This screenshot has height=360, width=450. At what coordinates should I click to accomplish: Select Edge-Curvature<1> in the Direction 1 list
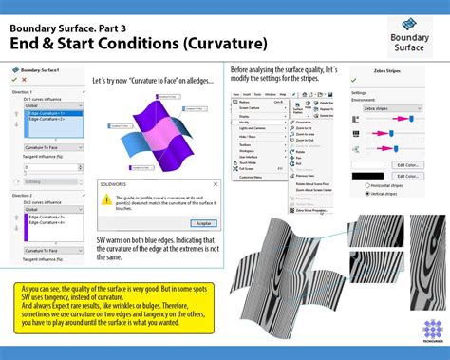click(x=42, y=113)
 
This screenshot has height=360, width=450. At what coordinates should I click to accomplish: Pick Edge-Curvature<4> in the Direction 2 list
click(x=42, y=221)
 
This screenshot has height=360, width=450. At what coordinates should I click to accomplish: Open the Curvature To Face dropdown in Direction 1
click(x=53, y=147)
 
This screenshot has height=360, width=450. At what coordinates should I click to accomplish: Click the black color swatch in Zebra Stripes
click(x=368, y=176)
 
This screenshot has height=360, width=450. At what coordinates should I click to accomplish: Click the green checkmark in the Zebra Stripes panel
click(x=355, y=80)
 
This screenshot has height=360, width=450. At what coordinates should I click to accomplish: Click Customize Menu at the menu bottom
click(x=251, y=177)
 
